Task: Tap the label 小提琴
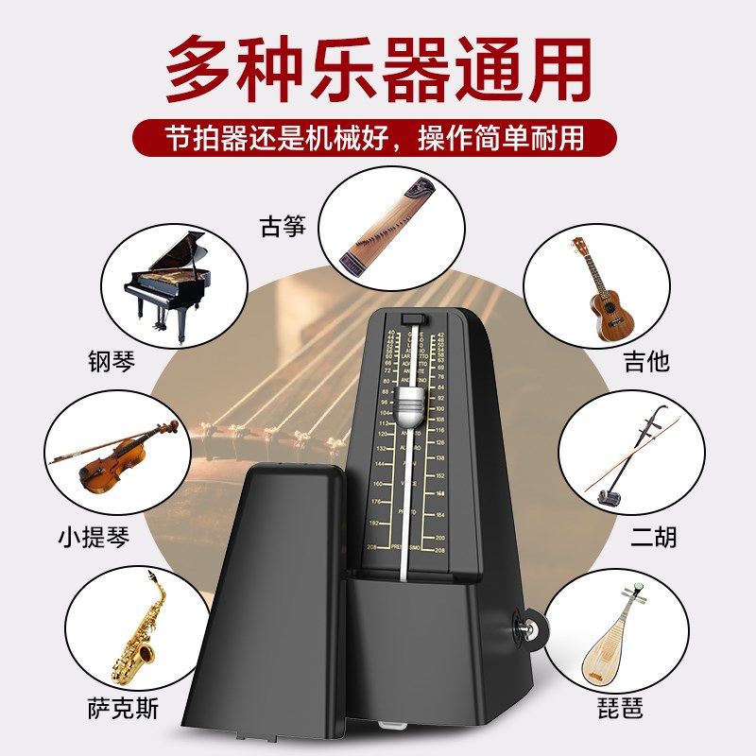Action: [x=93, y=537]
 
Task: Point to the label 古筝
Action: [x=283, y=226]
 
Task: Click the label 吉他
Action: [x=646, y=361]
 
